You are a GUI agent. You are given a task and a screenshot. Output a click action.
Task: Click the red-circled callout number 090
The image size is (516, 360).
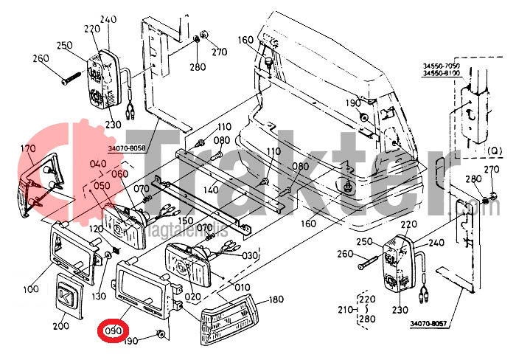coord(113,331)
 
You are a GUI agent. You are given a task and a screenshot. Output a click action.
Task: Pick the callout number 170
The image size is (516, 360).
coord(27,148)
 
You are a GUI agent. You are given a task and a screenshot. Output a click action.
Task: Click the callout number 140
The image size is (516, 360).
coord(211,189)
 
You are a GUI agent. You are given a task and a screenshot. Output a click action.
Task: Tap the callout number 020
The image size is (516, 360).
coord(192,296)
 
